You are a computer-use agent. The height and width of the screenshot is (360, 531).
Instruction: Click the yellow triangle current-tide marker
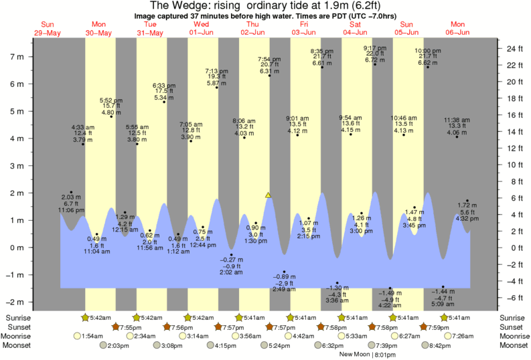point(268,195)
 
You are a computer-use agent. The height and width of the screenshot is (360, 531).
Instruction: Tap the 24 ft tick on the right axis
point(514,49)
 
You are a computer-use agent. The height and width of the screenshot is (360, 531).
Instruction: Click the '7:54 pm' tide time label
point(269,59)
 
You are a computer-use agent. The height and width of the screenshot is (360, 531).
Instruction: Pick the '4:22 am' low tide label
point(390,305)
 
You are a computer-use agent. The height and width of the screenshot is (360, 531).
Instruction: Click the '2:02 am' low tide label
point(230,272)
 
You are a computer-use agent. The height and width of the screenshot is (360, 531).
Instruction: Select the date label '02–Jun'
point(252,32)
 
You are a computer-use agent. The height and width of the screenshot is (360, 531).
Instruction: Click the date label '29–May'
point(47,32)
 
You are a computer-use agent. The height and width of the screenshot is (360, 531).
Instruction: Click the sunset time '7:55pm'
point(126,327)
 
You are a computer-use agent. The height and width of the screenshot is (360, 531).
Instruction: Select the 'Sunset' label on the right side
point(512,327)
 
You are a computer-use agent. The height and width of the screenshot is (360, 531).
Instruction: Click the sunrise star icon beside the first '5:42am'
point(85,317)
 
